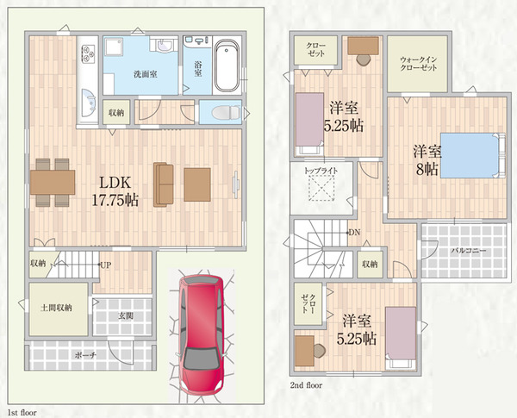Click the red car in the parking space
201,334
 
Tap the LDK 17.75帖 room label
115,191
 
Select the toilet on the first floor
227,113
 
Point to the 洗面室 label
145,74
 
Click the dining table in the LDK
53,182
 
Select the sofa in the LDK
164,184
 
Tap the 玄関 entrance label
126,315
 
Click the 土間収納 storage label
56,308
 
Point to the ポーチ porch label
85,355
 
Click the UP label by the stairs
106,265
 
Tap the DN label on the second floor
354,233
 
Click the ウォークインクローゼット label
419,64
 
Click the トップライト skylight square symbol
321,188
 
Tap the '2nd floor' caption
306,385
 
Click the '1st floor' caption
22,412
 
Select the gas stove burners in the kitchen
88,53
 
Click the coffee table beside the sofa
197,184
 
